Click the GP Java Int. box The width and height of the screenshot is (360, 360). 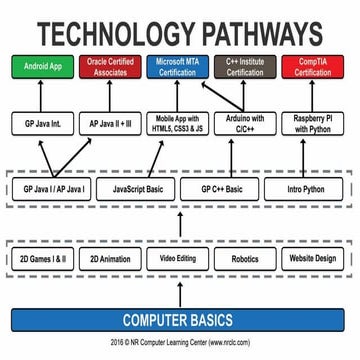pos(43,127)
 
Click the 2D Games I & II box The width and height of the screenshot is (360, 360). pos(43,257)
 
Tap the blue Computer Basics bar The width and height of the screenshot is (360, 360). pos(180,321)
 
